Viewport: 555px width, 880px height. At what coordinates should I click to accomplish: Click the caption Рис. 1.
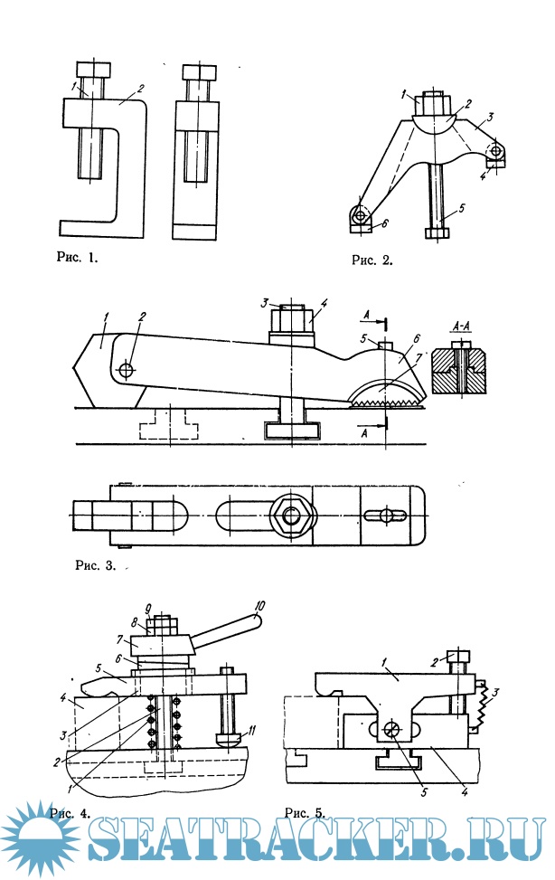[75, 257]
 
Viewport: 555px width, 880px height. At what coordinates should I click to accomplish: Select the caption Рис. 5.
[306, 811]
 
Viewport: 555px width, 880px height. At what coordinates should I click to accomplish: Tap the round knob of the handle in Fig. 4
[256, 620]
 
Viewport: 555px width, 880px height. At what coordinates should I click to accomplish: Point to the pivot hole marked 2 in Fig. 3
[127, 369]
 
